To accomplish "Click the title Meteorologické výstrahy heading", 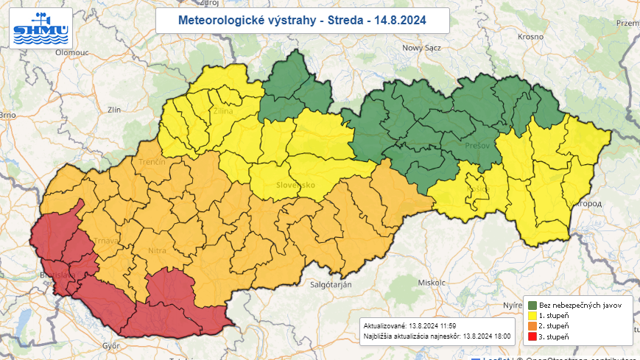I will [x=302, y=20].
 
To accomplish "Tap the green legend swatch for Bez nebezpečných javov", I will [x=532, y=305].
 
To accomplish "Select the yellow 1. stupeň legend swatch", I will [x=532, y=315].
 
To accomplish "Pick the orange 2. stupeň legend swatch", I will [x=532, y=325].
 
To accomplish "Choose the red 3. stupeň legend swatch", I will [x=532, y=336].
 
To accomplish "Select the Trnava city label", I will [x=105, y=241].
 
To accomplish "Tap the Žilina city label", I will [x=223, y=111].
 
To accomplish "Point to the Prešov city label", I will [x=477, y=146].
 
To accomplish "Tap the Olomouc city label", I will [x=72, y=53].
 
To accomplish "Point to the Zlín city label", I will [x=113, y=109].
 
